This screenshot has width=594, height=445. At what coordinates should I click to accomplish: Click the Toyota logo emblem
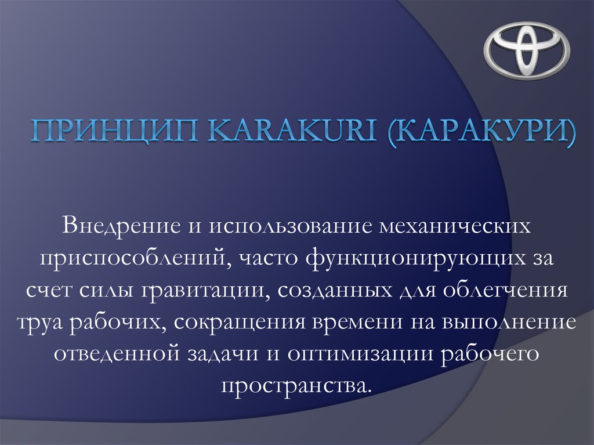pos(527,50)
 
